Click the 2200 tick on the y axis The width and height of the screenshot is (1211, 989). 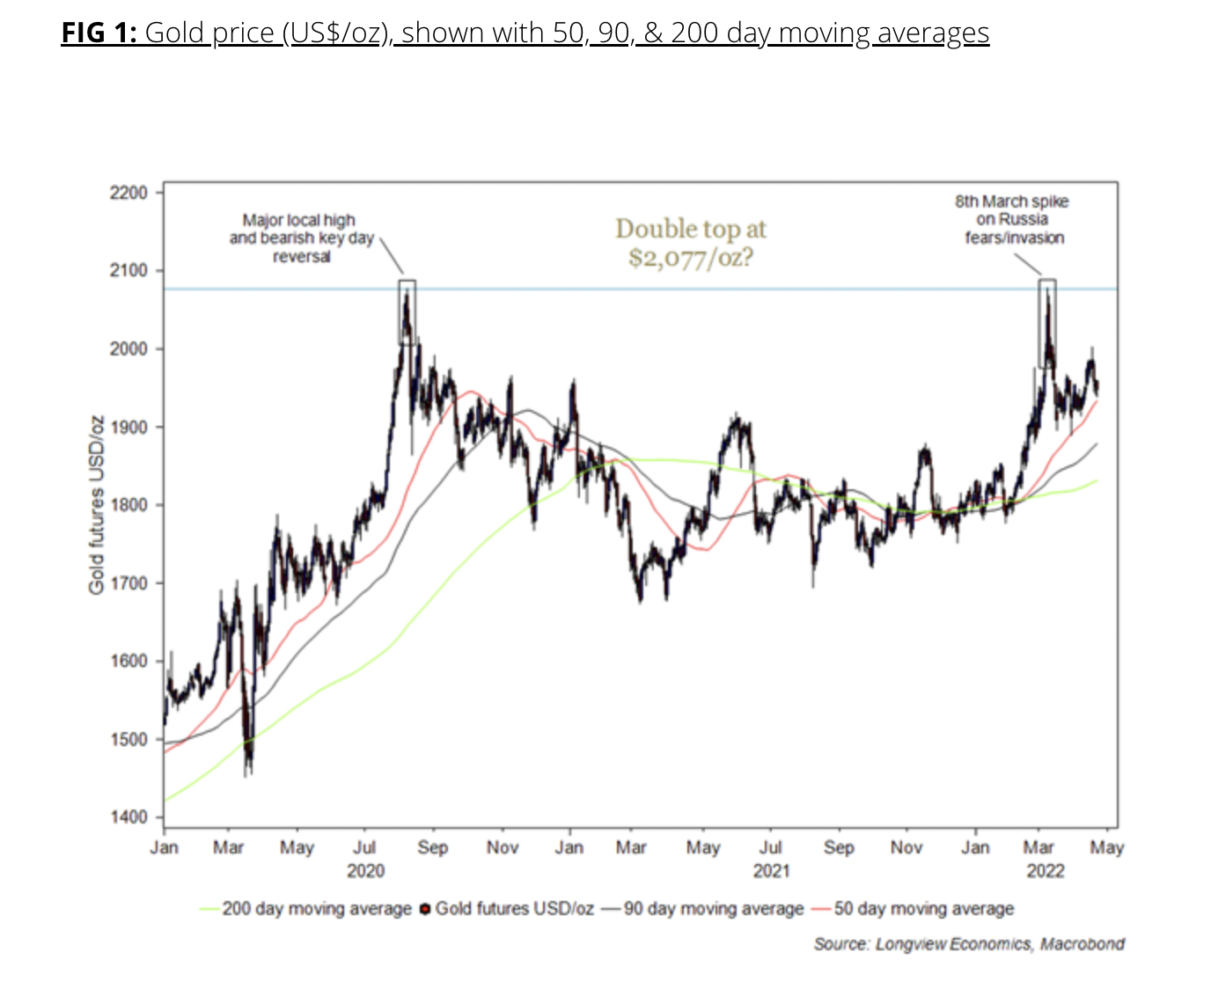128,193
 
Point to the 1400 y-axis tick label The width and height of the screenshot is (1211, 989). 128,817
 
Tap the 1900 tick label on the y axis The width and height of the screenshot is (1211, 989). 128,427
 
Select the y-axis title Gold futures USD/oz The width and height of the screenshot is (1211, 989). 97,504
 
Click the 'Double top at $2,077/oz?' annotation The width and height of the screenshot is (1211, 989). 691,243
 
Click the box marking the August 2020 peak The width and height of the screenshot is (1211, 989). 407,312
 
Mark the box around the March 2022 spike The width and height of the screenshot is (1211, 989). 1047,323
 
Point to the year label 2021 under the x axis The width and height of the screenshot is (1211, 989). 771,871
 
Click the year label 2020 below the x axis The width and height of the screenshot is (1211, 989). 365,871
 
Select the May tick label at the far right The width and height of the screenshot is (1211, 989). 1106,847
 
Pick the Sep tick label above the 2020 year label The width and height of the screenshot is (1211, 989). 432,847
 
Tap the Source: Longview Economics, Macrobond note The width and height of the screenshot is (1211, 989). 969,944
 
